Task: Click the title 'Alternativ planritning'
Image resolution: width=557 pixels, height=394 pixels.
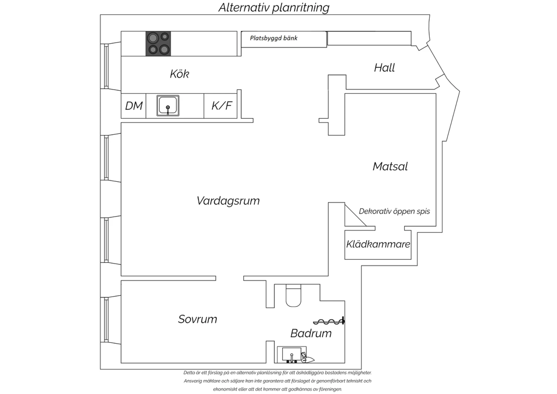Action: click(x=274, y=8)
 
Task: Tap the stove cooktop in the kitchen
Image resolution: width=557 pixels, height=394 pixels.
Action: click(x=158, y=43)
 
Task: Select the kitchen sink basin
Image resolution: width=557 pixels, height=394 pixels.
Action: click(x=168, y=106)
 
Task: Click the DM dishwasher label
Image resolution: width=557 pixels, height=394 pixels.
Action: click(x=134, y=106)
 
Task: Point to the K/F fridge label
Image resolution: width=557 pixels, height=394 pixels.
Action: click(x=222, y=106)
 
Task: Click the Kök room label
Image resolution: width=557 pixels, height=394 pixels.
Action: click(x=179, y=74)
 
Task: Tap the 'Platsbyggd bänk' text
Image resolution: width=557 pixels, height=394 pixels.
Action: click(x=274, y=38)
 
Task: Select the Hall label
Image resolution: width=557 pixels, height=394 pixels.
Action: click(x=384, y=68)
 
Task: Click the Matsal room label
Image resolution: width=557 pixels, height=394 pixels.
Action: click(x=390, y=166)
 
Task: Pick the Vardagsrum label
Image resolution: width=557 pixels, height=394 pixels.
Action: click(x=228, y=201)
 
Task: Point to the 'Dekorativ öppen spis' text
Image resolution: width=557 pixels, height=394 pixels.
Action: click(x=394, y=211)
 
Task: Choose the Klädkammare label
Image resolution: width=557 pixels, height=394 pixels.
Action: click(x=378, y=244)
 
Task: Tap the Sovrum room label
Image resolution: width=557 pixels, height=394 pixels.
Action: click(x=198, y=319)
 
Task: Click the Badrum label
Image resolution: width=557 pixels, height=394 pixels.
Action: click(x=311, y=333)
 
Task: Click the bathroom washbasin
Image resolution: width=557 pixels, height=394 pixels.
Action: click(x=292, y=355)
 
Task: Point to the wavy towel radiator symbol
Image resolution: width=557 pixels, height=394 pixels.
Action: click(x=329, y=321)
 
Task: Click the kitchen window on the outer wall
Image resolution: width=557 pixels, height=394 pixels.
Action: click(x=106, y=66)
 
